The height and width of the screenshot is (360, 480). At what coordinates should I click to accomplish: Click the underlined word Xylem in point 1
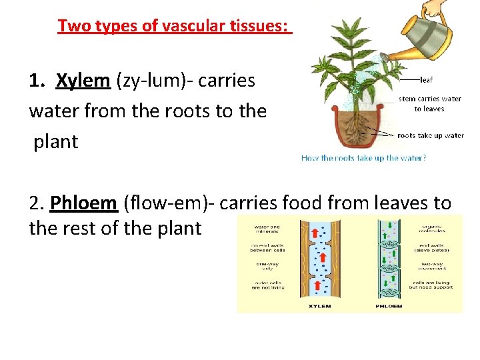click(x=83, y=81)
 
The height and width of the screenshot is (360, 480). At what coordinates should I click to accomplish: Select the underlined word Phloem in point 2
click(x=85, y=202)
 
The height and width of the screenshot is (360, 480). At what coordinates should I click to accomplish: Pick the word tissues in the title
click(x=263, y=26)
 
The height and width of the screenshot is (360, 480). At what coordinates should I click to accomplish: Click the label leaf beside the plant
click(x=427, y=79)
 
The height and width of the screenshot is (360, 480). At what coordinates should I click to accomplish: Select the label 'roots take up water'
click(x=430, y=135)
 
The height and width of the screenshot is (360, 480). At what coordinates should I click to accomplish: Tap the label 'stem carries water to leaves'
click(x=429, y=103)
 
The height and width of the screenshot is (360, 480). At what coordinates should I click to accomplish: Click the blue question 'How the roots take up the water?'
click(x=363, y=158)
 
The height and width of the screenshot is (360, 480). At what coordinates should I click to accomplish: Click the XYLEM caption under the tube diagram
click(x=319, y=306)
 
